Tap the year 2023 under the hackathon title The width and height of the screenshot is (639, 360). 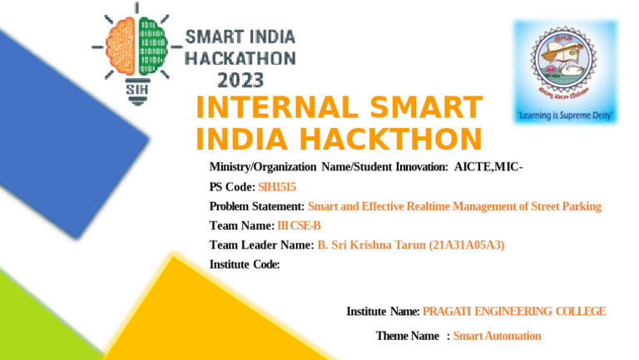coord(241,81)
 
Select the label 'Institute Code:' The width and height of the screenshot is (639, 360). coord(245,264)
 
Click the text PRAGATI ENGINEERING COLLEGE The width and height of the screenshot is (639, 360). coord(514,312)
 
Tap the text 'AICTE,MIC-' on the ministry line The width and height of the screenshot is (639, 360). coord(488,168)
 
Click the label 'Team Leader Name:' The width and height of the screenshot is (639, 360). coord(260,245)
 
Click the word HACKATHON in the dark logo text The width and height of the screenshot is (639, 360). coord(240,59)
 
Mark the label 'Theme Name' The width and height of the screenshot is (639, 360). coord(407,336)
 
